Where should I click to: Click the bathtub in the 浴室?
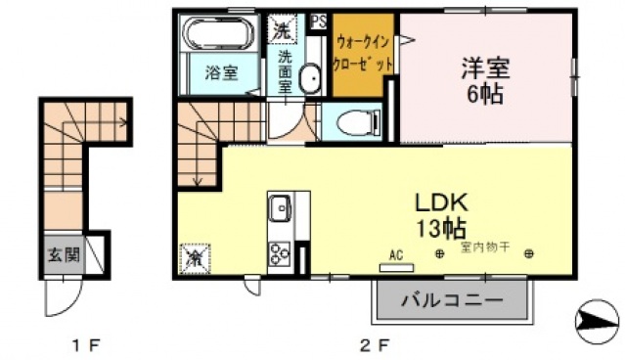[219, 33]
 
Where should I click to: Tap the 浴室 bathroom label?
[219, 71]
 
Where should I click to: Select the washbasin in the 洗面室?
[310, 78]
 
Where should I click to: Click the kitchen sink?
[279, 209]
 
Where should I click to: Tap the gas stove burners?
[279, 252]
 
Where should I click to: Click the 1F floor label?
[85, 344]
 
